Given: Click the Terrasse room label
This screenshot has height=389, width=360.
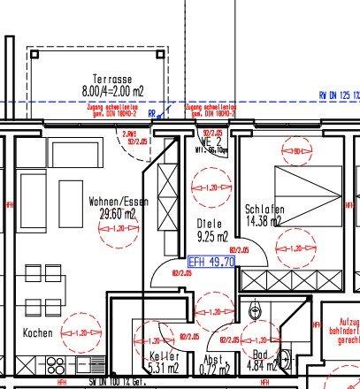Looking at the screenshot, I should (99, 78).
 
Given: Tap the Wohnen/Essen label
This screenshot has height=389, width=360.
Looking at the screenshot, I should (117, 202).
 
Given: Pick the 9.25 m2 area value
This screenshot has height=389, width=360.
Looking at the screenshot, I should (211, 236).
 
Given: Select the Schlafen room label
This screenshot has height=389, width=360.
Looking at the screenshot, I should (263, 210).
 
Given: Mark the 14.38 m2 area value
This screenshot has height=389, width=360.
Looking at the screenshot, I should (263, 221).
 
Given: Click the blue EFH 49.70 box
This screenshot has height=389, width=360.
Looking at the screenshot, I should (211, 262).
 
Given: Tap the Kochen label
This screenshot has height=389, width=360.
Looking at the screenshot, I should (39, 333).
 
